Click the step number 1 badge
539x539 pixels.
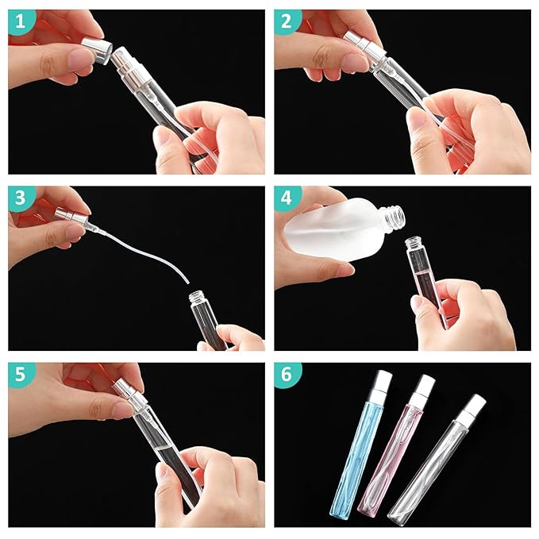[x=21, y=21]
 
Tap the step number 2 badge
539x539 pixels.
[x=287, y=21]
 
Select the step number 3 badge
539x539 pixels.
[x=21, y=198]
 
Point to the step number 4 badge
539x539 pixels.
[x=287, y=198]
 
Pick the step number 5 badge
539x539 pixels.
[x=21, y=375]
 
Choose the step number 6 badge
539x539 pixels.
[x=287, y=375]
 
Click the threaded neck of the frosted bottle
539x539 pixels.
[x=394, y=216]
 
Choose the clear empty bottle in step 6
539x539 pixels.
[x=437, y=460]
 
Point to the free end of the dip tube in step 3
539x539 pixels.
[x=188, y=283]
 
